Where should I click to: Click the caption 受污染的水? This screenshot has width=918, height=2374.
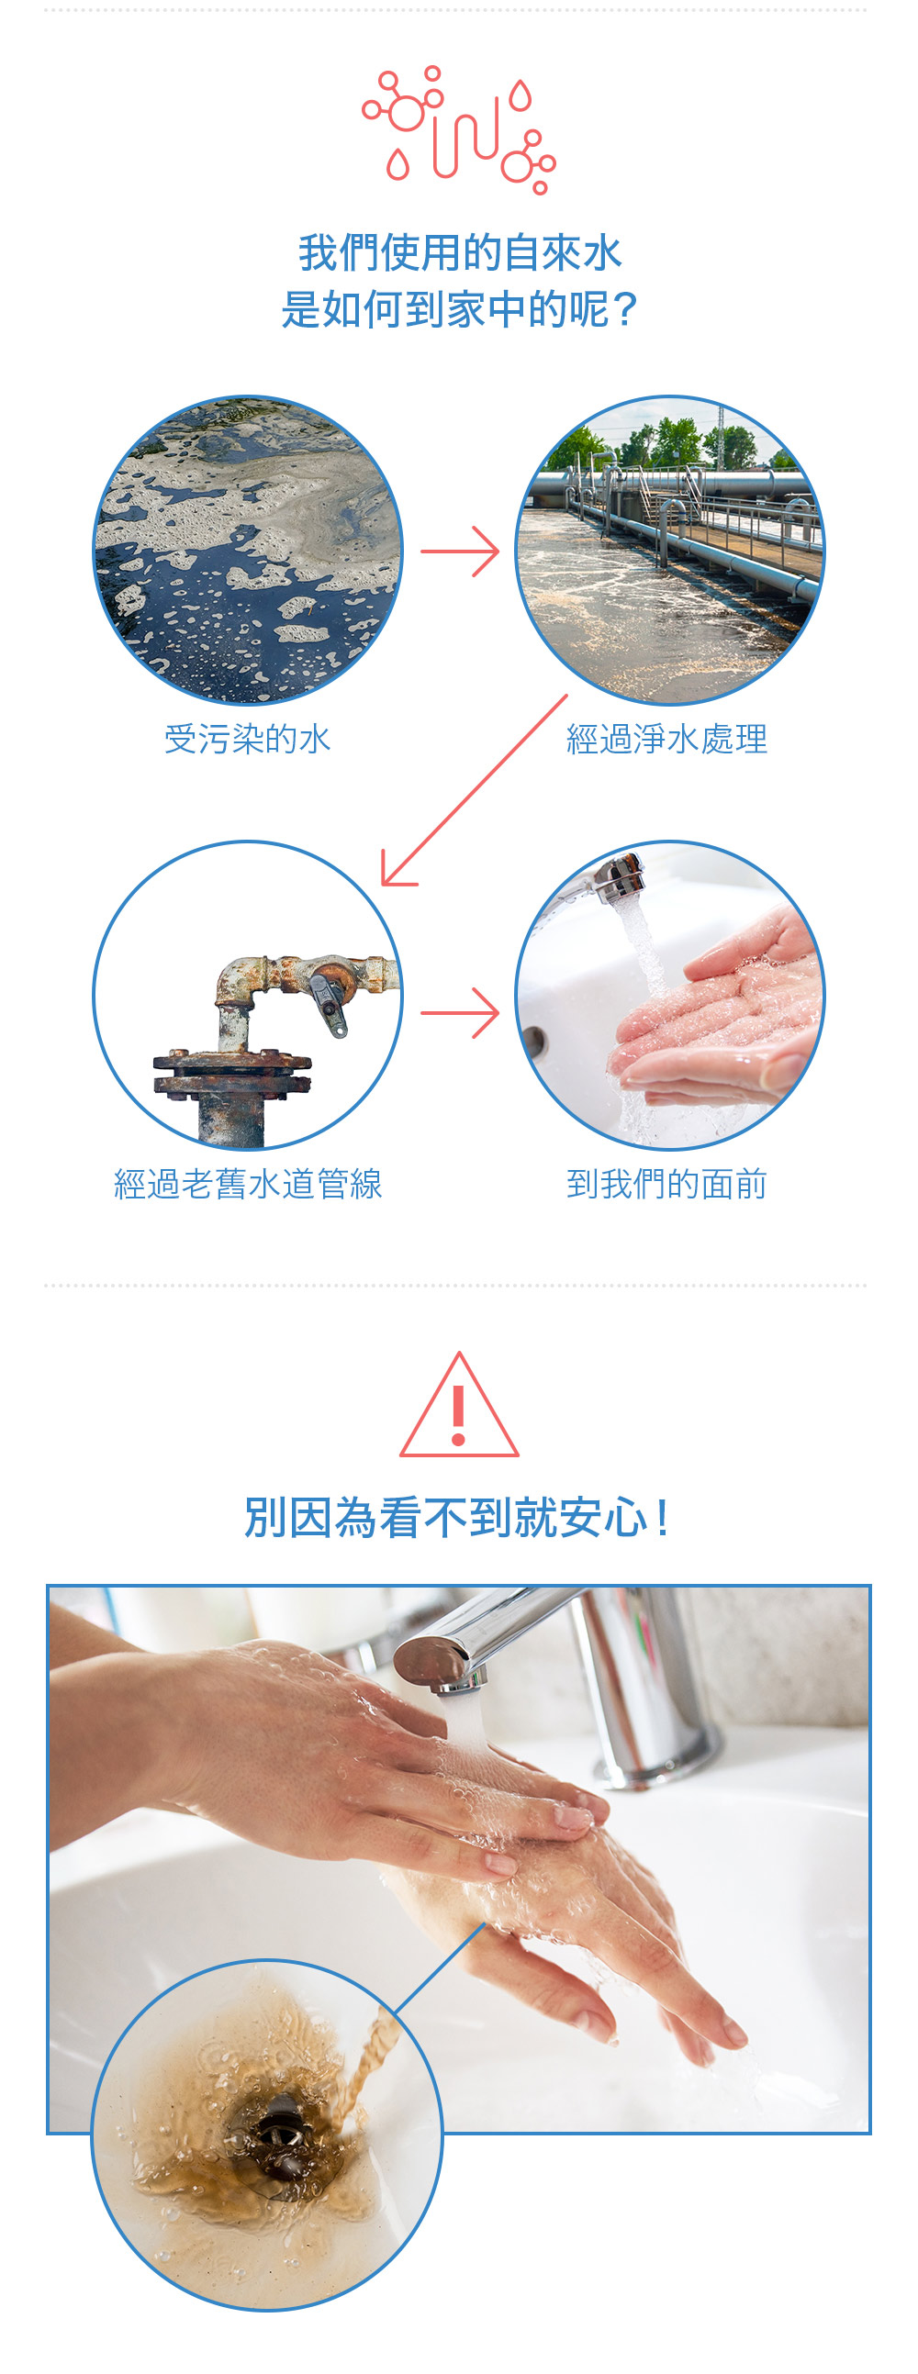pyautogui.click(x=247, y=738)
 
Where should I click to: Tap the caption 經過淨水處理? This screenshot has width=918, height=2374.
pyautogui.click(x=666, y=738)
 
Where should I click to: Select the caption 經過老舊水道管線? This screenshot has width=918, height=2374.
pyautogui.click(x=247, y=1183)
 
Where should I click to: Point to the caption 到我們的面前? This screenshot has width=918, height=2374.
pyautogui.click(x=666, y=1183)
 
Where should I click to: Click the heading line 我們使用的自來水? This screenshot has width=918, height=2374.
pyautogui.click(x=459, y=252)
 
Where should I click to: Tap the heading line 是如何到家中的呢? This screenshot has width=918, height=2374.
pyautogui.click(x=459, y=308)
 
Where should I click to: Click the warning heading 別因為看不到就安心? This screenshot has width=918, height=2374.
pyautogui.click(x=458, y=1517)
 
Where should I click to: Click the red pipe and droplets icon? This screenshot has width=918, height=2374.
pyautogui.click(x=459, y=130)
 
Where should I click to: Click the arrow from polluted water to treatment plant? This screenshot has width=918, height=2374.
pyautogui.click(x=460, y=552)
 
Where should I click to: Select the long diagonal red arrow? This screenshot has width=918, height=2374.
pyautogui.click(x=475, y=790)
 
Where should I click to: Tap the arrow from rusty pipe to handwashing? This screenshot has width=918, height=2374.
pyautogui.click(x=460, y=1013)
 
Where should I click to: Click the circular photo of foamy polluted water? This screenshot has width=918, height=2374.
pyautogui.click(x=248, y=552)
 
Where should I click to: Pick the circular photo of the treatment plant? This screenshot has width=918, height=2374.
pyautogui.click(x=670, y=552)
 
